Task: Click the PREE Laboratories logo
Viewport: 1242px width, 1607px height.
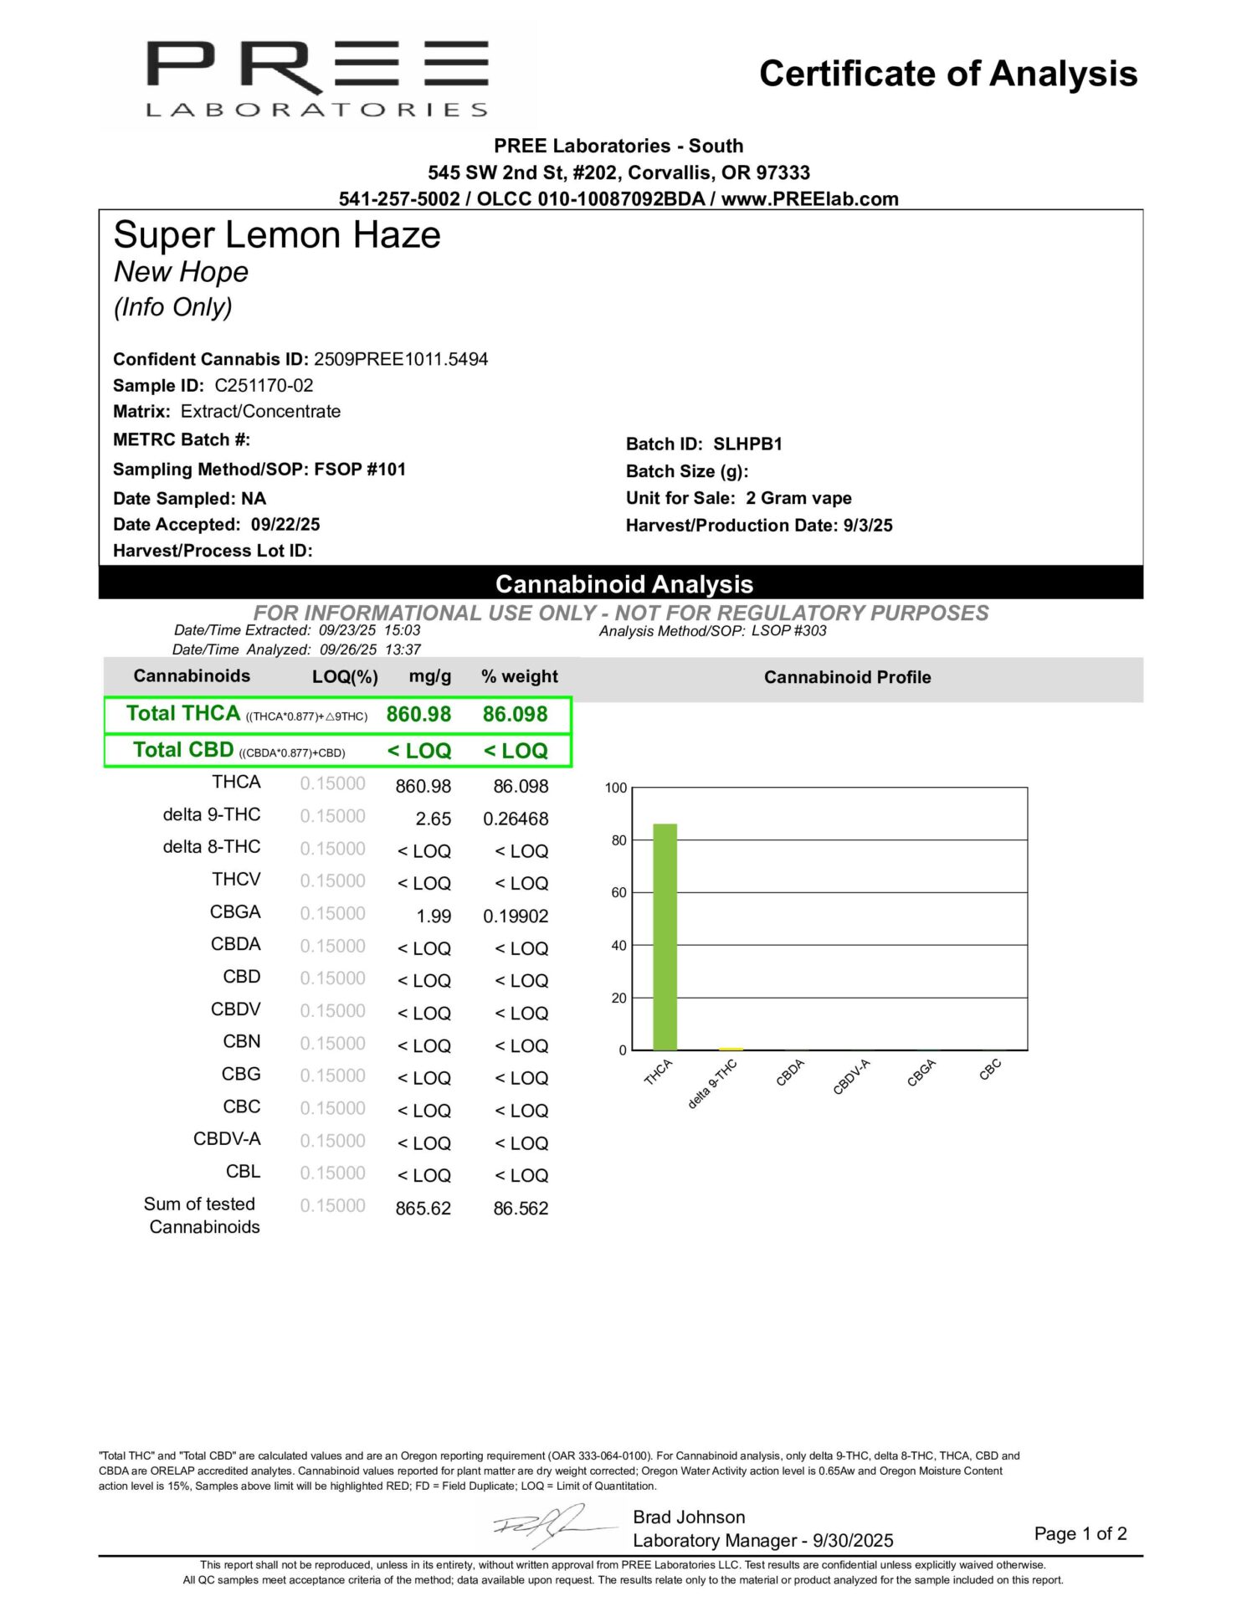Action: point(317,78)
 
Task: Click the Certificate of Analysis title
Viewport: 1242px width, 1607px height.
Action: point(947,74)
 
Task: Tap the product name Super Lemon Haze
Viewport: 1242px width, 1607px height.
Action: point(277,235)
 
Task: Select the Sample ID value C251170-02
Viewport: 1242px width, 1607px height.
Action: point(264,386)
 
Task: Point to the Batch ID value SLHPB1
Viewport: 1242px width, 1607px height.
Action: point(747,444)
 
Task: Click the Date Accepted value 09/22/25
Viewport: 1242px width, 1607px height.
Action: point(285,525)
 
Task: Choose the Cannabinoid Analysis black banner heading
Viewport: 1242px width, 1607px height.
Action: point(624,584)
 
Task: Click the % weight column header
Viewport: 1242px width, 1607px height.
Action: point(519,676)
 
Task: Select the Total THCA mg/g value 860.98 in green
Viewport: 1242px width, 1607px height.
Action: point(418,715)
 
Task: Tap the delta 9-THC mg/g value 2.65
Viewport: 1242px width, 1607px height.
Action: point(434,819)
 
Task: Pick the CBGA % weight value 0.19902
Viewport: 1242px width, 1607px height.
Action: point(516,916)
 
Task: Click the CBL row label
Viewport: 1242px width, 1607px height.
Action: point(243,1172)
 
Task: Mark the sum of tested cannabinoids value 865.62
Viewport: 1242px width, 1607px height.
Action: point(423,1209)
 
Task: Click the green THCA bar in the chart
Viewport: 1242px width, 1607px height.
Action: point(665,937)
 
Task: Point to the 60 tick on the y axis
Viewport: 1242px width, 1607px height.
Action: point(618,893)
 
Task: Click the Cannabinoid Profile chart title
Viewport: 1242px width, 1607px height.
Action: point(847,677)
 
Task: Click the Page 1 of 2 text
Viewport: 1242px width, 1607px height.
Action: point(1080,1533)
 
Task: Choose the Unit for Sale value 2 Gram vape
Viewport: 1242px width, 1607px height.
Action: point(798,499)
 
